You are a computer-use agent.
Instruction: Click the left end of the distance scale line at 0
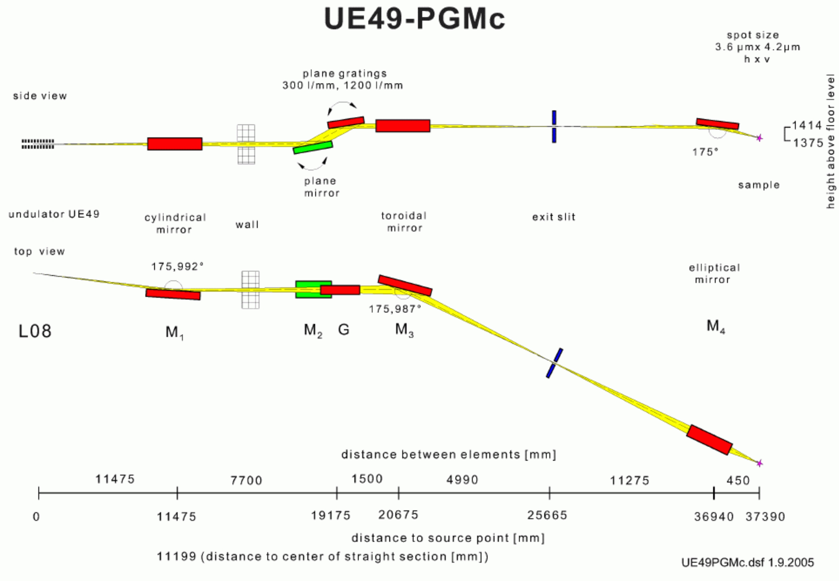coord(39,493)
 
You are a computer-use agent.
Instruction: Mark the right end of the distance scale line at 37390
coord(759,493)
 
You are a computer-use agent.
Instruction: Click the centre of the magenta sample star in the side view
coord(759,138)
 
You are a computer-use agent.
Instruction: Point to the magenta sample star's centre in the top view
coord(759,464)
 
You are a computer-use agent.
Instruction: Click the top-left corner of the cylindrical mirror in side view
coord(148,138)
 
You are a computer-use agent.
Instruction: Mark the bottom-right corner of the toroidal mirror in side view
coord(430,132)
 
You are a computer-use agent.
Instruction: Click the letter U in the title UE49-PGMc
coord(335,19)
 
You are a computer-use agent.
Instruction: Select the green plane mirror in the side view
coord(313,148)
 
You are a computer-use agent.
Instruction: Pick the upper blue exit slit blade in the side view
coord(554,117)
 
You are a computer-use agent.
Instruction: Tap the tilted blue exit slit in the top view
coord(554,363)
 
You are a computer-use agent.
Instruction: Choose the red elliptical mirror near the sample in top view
coord(710,440)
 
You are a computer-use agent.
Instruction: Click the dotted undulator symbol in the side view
coord(38,144)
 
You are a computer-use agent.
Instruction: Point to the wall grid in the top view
coord(251,290)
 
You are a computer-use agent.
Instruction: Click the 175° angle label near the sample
coord(705,152)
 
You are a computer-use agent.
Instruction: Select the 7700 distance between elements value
coord(246,481)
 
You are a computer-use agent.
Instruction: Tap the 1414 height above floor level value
coord(807,126)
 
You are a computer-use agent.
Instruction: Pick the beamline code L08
coord(35,331)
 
